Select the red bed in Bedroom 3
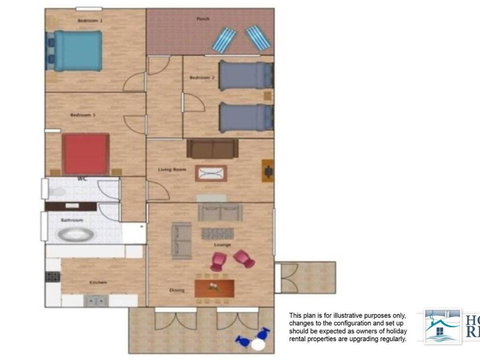click(86, 154)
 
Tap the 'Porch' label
click(203, 19)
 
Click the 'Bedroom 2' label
click(200, 76)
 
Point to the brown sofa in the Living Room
click(213, 149)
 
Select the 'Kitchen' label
click(98, 283)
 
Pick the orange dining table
click(214, 289)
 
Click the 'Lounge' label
click(222, 245)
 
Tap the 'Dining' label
click(176, 291)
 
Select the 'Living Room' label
click(173, 170)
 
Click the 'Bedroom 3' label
click(82, 115)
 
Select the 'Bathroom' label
click(71, 218)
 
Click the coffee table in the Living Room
click(211, 173)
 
